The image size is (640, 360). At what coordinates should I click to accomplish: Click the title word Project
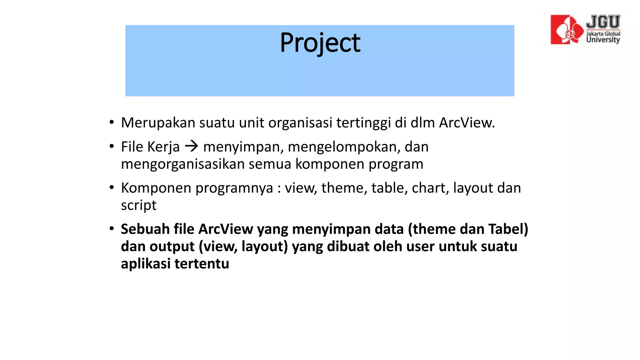320,43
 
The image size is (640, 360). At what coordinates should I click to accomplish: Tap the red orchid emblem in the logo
567,30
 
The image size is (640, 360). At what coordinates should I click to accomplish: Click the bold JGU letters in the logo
603,22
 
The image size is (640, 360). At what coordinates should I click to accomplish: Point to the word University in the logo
603,40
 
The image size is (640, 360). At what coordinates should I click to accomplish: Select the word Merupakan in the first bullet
158,123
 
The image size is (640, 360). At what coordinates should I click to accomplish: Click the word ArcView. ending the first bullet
467,123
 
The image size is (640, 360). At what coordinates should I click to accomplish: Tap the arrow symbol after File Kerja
192,146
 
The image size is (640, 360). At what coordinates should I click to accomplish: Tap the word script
138,206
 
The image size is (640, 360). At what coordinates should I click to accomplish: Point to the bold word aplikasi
146,263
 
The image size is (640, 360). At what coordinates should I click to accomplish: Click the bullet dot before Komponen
112,188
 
